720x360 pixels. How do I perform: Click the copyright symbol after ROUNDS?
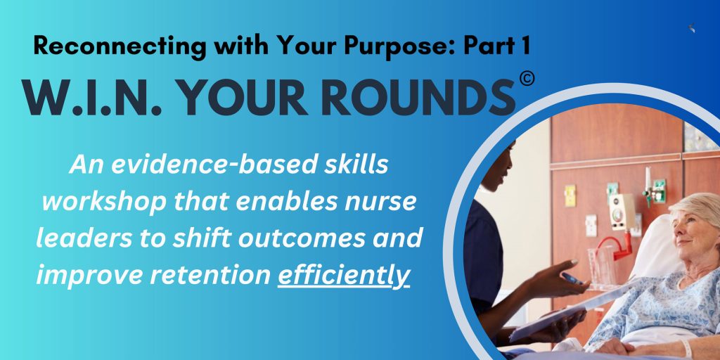coord(527,79)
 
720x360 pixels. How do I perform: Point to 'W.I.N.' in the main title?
coord(91,98)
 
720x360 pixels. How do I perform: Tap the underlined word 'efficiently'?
coord(343,275)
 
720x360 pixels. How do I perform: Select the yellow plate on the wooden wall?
coord(570,195)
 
